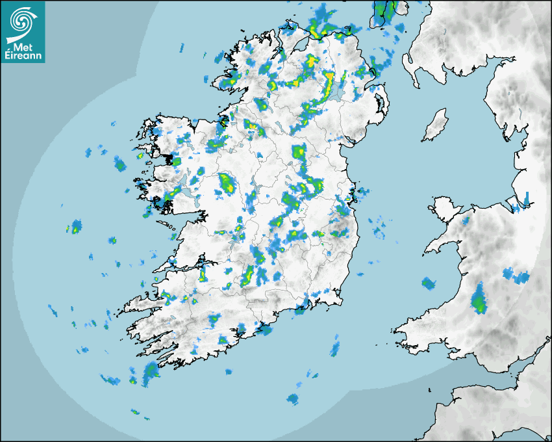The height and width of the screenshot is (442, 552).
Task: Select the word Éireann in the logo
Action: click(23, 56)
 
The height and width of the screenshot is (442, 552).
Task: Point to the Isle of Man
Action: click(435, 125)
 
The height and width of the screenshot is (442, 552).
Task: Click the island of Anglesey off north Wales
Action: click(442, 207)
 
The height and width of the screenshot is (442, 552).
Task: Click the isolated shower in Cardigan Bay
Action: click(428, 283)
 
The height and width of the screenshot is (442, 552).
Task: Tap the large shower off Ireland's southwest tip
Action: click(151, 370)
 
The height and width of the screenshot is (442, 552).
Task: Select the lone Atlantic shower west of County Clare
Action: click(76, 226)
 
